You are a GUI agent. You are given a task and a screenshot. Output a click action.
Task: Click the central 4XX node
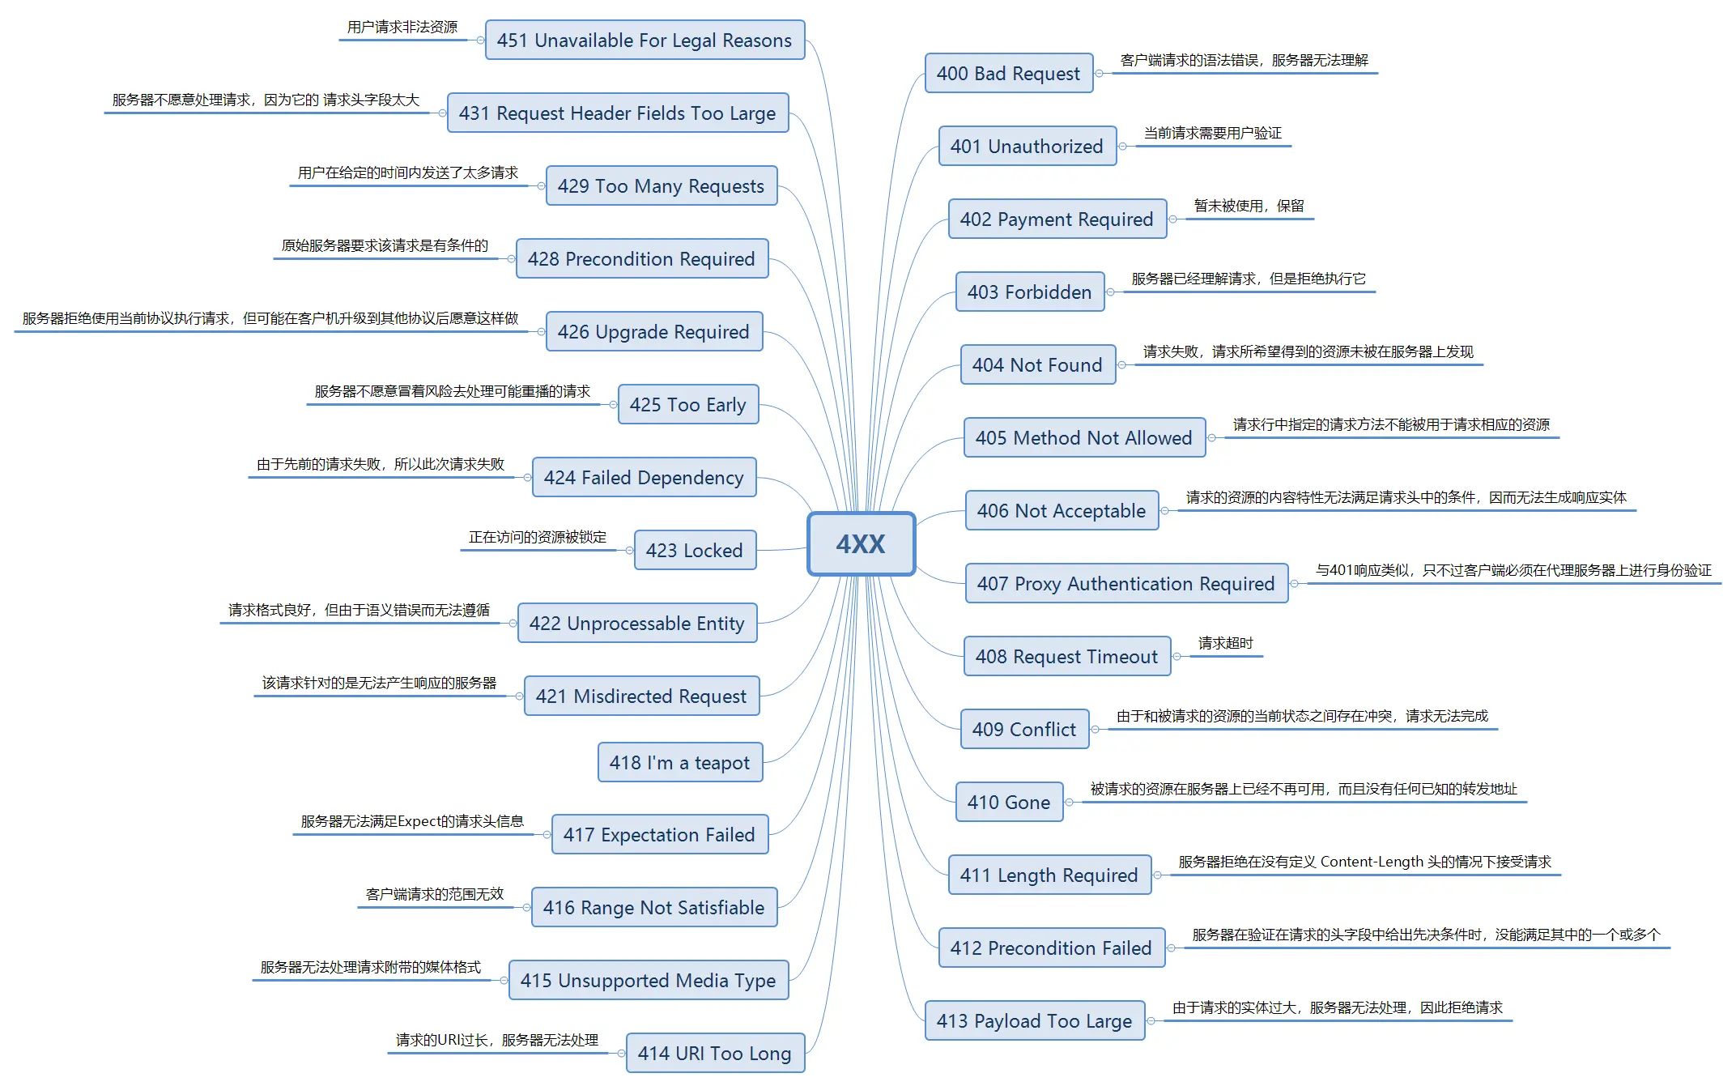[x=861, y=543]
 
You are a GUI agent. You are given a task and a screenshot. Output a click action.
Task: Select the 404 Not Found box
[x=1037, y=364]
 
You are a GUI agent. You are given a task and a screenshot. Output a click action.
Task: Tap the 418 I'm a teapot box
[x=680, y=762]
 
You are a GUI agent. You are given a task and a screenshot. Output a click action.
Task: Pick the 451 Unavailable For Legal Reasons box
[x=645, y=40]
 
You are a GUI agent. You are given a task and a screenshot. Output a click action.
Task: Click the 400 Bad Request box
[x=1009, y=73]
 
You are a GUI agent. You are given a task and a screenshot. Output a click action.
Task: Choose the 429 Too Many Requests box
[x=662, y=185]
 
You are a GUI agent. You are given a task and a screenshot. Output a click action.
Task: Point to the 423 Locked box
[x=695, y=550]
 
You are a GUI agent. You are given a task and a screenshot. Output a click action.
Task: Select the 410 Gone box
[x=1009, y=802]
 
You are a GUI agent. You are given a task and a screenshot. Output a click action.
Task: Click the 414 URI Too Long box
[x=715, y=1053]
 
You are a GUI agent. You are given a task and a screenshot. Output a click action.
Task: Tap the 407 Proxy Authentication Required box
[x=1126, y=583]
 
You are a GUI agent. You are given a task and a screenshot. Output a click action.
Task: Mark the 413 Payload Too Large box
[x=1035, y=1020]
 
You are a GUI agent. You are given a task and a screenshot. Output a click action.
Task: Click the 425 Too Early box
[x=688, y=404]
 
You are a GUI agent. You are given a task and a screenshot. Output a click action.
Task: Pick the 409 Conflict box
[x=1024, y=729]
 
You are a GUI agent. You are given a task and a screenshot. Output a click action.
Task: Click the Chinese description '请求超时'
[x=1226, y=643]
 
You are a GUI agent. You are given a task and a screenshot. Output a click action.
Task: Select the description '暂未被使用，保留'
[x=1249, y=206]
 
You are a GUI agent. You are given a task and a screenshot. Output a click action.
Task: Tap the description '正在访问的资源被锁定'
[x=538, y=537]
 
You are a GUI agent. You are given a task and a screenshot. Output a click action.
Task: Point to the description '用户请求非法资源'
[x=402, y=27]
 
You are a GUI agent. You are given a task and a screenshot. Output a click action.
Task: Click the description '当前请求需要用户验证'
[x=1213, y=133]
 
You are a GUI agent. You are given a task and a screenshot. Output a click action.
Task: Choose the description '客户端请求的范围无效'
[x=435, y=894]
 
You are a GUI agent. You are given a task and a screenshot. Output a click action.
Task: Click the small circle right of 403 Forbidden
[x=1111, y=292]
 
